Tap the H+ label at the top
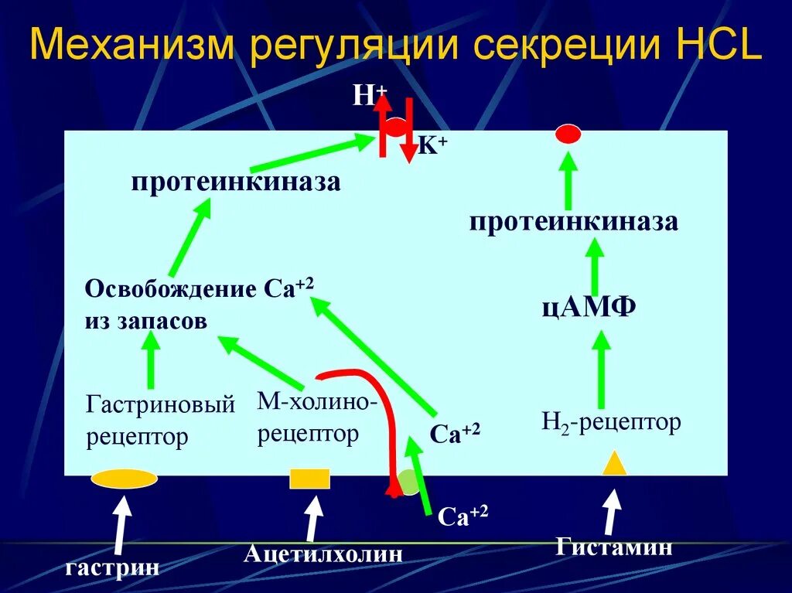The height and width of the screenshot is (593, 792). click(370, 96)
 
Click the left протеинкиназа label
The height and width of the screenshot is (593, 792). click(236, 182)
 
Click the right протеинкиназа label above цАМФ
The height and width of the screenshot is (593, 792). click(574, 223)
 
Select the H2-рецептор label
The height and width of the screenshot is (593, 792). click(611, 422)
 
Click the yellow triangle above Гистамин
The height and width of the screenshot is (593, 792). click(614, 463)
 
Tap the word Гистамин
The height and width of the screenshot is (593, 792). click(614, 547)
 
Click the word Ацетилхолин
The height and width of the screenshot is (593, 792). click(324, 554)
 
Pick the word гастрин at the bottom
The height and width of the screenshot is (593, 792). click(112, 568)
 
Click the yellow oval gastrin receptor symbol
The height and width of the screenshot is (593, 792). click(125, 479)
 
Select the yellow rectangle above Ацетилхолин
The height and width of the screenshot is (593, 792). click(309, 479)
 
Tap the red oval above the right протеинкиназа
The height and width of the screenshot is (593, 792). click(568, 135)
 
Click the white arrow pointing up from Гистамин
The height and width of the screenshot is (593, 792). click(611, 511)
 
